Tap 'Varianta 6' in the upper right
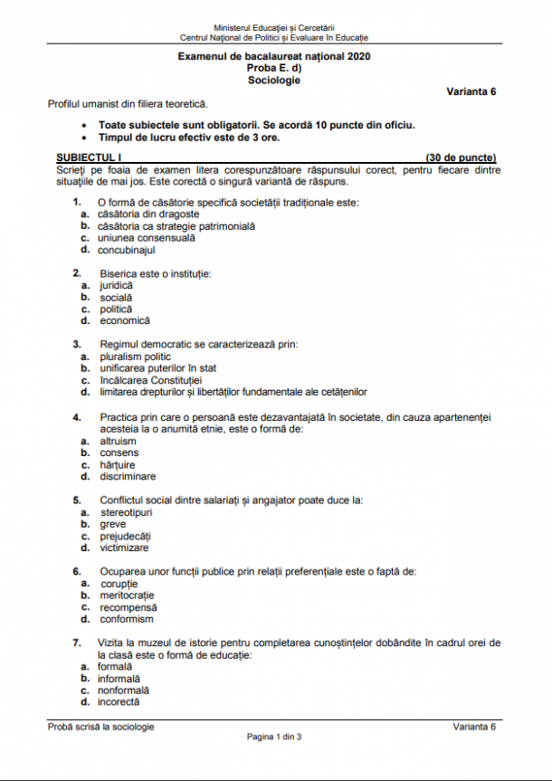pyautogui.click(x=471, y=91)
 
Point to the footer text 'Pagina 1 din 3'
pyautogui.click(x=274, y=737)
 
